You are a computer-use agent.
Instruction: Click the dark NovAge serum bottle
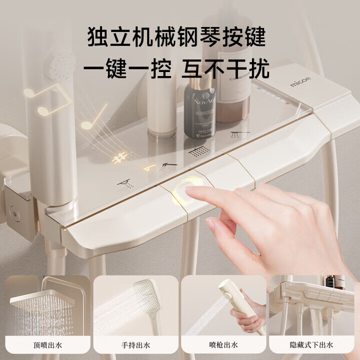(199, 111)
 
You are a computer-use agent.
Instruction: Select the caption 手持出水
(135, 344)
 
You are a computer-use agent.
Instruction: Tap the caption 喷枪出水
(224, 344)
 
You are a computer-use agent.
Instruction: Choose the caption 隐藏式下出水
(314, 344)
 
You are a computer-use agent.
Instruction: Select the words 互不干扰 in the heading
(225, 68)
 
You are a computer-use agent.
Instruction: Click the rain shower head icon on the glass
(199, 150)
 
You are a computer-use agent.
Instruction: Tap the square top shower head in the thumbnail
(42, 302)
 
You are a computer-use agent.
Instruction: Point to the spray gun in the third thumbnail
(237, 300)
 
